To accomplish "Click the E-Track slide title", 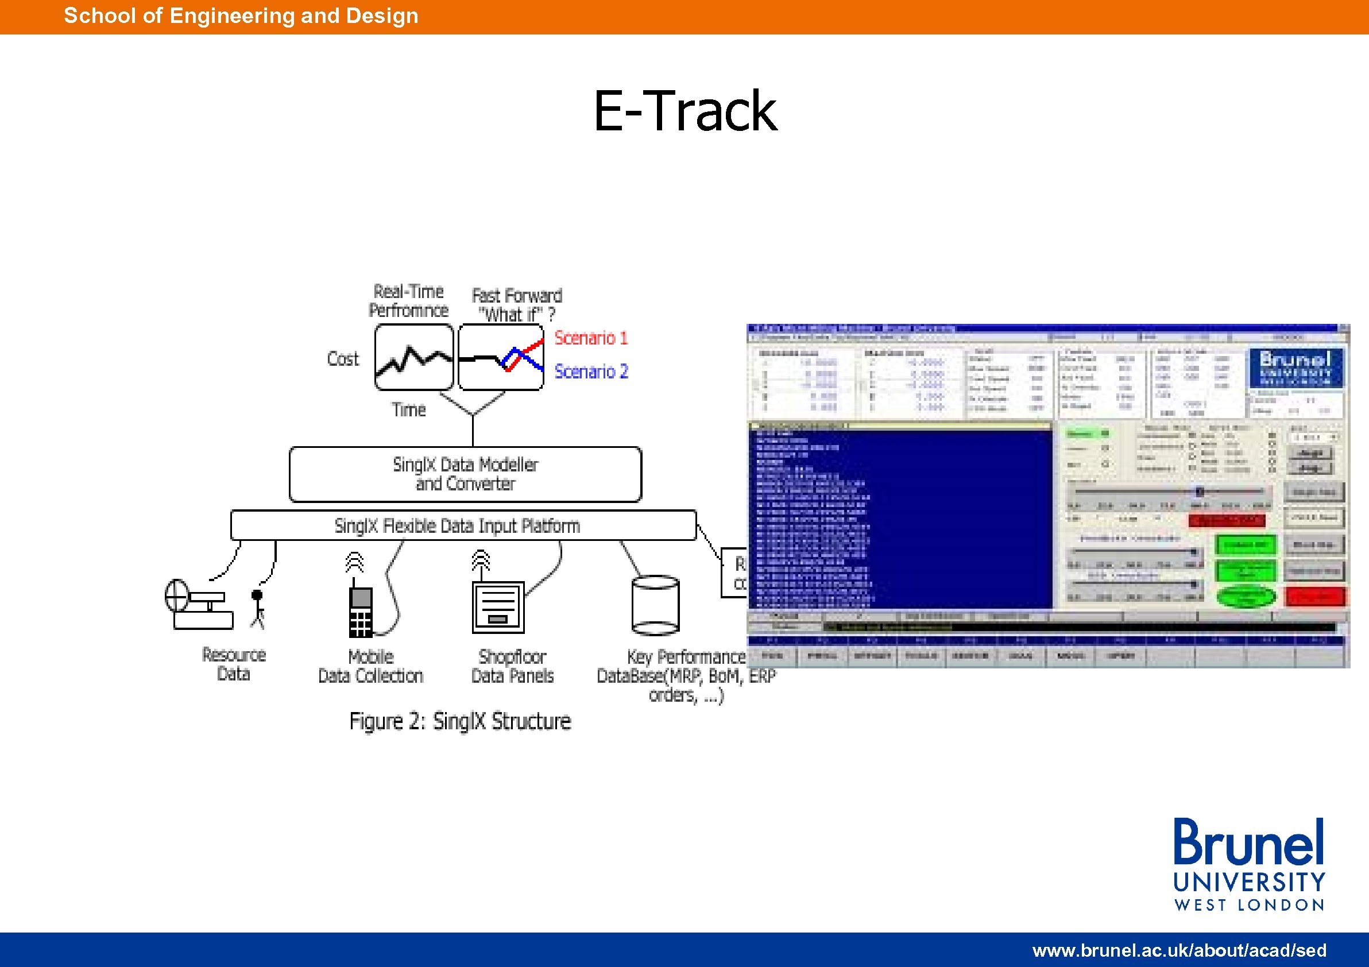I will point(685,111).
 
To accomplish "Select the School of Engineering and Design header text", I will point(241,16).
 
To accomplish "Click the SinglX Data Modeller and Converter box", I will point(465,474).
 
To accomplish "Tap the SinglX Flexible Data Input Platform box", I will point(463,525).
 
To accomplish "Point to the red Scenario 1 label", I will point(591,338).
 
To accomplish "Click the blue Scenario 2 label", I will point(591,372).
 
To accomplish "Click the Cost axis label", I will point(343,359).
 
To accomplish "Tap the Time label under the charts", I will point(408,409).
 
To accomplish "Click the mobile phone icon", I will point(361,611).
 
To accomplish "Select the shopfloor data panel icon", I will point(498,607).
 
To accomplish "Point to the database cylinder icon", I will point(655,605).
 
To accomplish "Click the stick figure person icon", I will point(257,608).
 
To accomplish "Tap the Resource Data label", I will point(234,664).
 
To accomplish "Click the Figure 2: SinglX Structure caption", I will point(460,721).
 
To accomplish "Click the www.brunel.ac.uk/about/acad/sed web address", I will point(1179,950).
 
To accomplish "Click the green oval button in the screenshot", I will point(1246,596).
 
